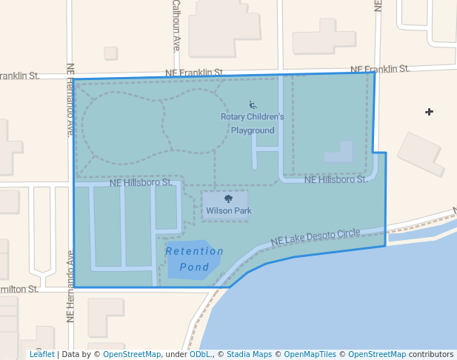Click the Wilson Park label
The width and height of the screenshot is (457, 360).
click(229, 211)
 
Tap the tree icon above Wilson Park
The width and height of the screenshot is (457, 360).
click(228, 199)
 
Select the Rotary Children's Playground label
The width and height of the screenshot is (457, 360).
click(253, 123)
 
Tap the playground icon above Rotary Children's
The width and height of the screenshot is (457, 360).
click(253, 105)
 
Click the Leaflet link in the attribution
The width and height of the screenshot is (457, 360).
click(41, 354)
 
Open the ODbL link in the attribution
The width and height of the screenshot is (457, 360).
click(199, 354)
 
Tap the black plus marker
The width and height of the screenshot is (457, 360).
click(429, 112)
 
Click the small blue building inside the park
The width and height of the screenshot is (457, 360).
click(338, 153)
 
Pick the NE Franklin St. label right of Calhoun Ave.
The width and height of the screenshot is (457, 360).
click(194, 73)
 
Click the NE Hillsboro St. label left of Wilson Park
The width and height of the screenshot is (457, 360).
click(141, 182)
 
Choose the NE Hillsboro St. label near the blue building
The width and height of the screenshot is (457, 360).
click(336, 180)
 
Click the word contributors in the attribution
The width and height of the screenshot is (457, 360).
click(431, 354)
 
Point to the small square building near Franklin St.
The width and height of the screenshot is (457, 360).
click(110, 53)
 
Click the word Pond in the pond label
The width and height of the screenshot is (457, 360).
click(194, 267)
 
